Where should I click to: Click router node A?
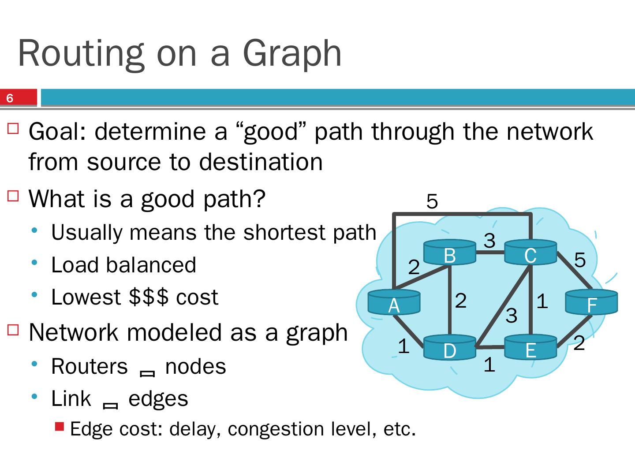pyautogui.click(x=394, y=302)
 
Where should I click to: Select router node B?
pyautogui.click(x=449, y=253)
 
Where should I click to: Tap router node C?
pyautogui.click(x=530, y=253)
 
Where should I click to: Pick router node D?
pyautogui.click(x=449, y=348)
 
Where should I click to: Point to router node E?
pyautogui.click(x=530, y=348)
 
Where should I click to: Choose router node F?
pyautogui.click(x=591, y=302)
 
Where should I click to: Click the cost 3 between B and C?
pyautogui.click(x=489, y=241)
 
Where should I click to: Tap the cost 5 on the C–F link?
pyautogui.click(x=580, y=260)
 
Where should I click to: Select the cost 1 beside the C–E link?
pyautogui.click(x=542, y=301)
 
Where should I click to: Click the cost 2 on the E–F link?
pyautogui.click(x=579, y=343)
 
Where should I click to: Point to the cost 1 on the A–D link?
pyautogui.click(x=403, y=346)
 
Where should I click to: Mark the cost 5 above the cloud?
pyautogui.click(x=432, y=202)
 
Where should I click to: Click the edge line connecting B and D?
pyautogui.click(x=449, y=300)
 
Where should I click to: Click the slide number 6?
pyautogui.click(x=10, y=98)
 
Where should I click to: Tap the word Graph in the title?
pyautogui.click(x=292, y=53)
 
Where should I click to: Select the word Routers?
pyautogui.click(x=89, y=367)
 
